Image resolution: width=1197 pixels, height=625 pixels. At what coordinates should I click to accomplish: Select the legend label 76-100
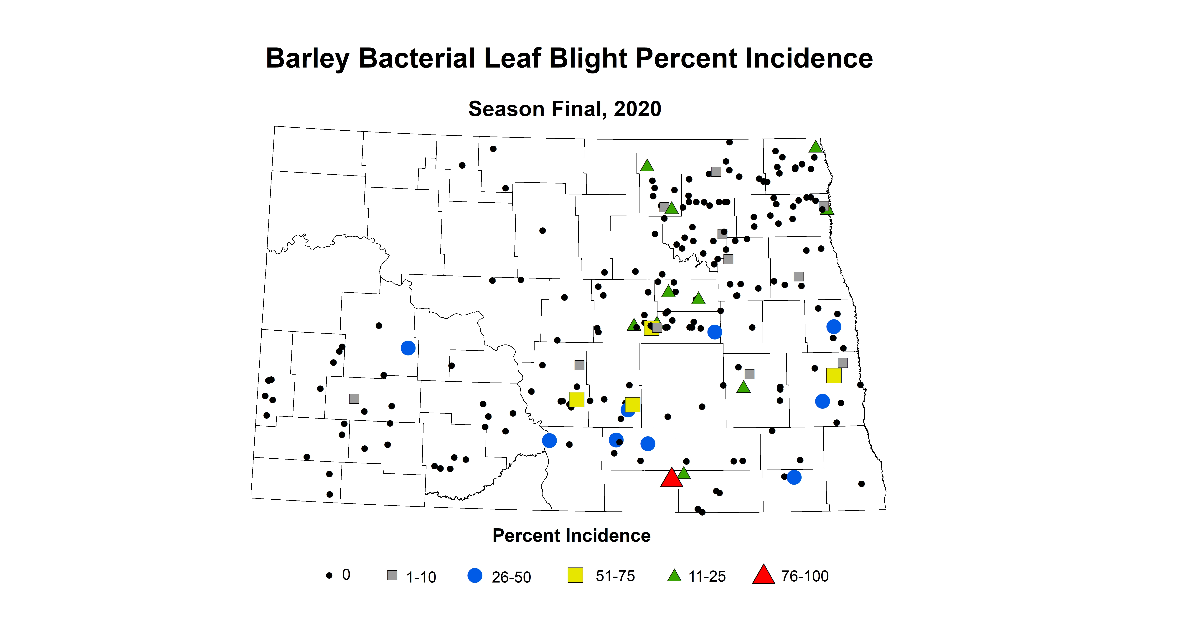click(x=805, y=576)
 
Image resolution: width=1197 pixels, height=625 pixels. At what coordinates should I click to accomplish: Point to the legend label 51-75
click(x=615, y=576)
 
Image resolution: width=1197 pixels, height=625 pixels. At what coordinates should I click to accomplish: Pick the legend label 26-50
click(x=511, y=577)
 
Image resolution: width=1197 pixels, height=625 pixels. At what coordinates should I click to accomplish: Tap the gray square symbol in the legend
click(x=392, y=575)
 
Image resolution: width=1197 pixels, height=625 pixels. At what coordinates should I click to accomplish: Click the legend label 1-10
click(x=421, y=577)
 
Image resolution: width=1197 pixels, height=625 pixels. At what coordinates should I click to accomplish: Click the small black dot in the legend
click(x=329, y=576)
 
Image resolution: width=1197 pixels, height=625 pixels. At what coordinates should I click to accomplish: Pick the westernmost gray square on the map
click(x=354, y=398)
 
